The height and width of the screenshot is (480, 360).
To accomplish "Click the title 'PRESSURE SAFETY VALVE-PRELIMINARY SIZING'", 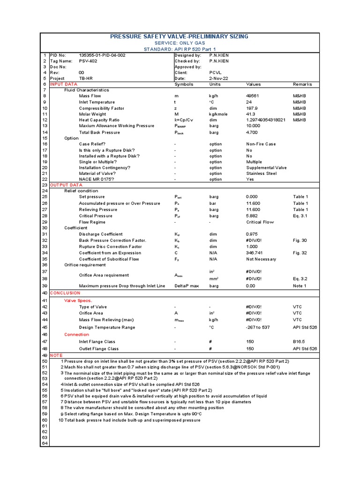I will [179, 37].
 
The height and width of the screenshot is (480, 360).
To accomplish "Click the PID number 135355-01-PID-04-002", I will [102, 55].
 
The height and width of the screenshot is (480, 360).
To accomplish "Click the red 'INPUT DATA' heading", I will [64, 84].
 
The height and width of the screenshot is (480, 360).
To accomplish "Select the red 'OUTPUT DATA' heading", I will [66, 185].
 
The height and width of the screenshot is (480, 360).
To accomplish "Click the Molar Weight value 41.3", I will [250, 114].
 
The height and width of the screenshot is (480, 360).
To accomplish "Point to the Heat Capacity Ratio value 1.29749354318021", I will [265, 120].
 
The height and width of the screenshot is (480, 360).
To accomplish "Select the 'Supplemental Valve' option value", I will [266, 168].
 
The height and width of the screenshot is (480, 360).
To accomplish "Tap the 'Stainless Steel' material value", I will [262, 174].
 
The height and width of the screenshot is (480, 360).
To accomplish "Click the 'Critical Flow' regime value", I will [260, 222].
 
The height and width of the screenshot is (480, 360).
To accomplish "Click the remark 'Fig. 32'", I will [300, 253].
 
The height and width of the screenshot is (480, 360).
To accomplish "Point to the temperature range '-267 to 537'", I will [258, 327].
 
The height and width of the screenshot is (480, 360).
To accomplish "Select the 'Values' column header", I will [254, 84].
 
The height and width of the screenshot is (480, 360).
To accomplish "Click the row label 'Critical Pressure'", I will [96, 216].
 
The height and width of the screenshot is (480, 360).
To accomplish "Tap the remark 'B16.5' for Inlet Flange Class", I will [299, 342].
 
